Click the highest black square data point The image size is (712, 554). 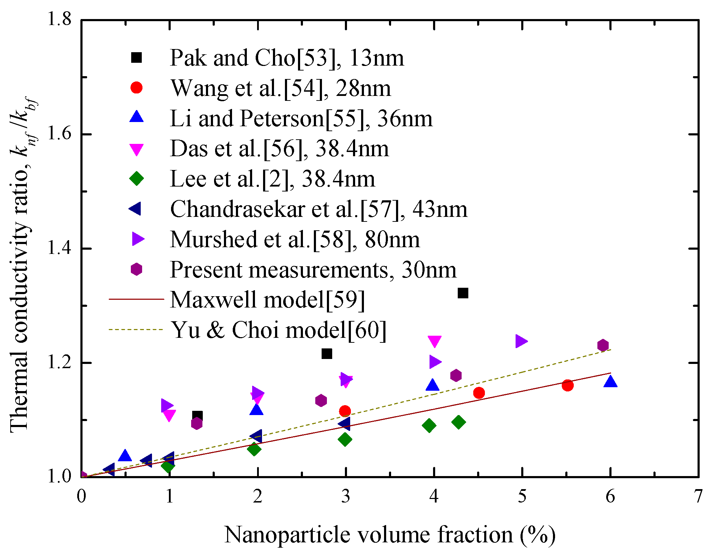[x=463, y=293]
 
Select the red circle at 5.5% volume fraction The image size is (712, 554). [x=567, y=385]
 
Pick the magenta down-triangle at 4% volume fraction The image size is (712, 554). [x=434, y=341]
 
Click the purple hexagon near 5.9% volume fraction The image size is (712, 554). [x=603, y=345]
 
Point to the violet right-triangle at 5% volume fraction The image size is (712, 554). [x=521, y=341]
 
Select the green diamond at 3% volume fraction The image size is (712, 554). [x=345, y=439]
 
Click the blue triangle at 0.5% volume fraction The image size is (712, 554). [x=125, y=456]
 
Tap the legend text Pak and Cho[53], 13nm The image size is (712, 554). [x=286, y=57]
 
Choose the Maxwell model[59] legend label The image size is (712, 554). [x=267, y=300]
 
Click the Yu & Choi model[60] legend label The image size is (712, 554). [x=279, y=330]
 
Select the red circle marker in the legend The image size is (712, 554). [x=136, y=87]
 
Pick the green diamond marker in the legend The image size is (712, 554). [x=136, y=178]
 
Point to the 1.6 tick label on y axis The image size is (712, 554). [x=59, y=134]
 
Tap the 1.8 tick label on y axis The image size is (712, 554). [x=59, y=19]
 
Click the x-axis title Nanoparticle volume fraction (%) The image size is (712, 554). [x=390, y=535]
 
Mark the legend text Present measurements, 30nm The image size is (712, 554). [x=313, y=270]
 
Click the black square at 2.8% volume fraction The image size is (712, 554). [x=327, y=353]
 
